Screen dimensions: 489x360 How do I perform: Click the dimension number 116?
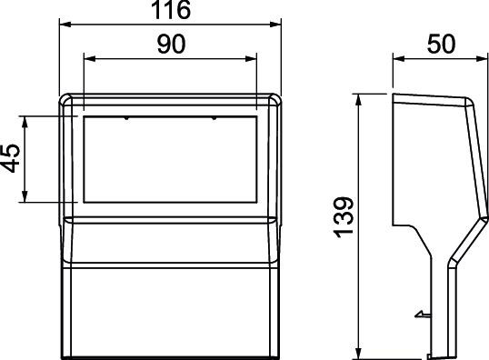[x=170, y=10]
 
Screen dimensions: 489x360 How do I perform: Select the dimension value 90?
[x=171, y=44]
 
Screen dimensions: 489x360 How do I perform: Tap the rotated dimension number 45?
[x=11, y=158]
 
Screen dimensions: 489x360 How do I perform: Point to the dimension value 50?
[x=441, y=44]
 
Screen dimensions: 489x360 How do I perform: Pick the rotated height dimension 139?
[x=344, y=217]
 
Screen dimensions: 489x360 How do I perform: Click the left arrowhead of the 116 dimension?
[x=65, y=25]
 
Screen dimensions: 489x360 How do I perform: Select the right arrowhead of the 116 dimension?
[x=275, y=25]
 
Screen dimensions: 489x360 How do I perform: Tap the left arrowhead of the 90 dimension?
[x=90, y=59]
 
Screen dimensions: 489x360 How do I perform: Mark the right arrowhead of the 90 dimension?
[x=251, y=59]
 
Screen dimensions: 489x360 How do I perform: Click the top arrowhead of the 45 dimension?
[x=25, y=122]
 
